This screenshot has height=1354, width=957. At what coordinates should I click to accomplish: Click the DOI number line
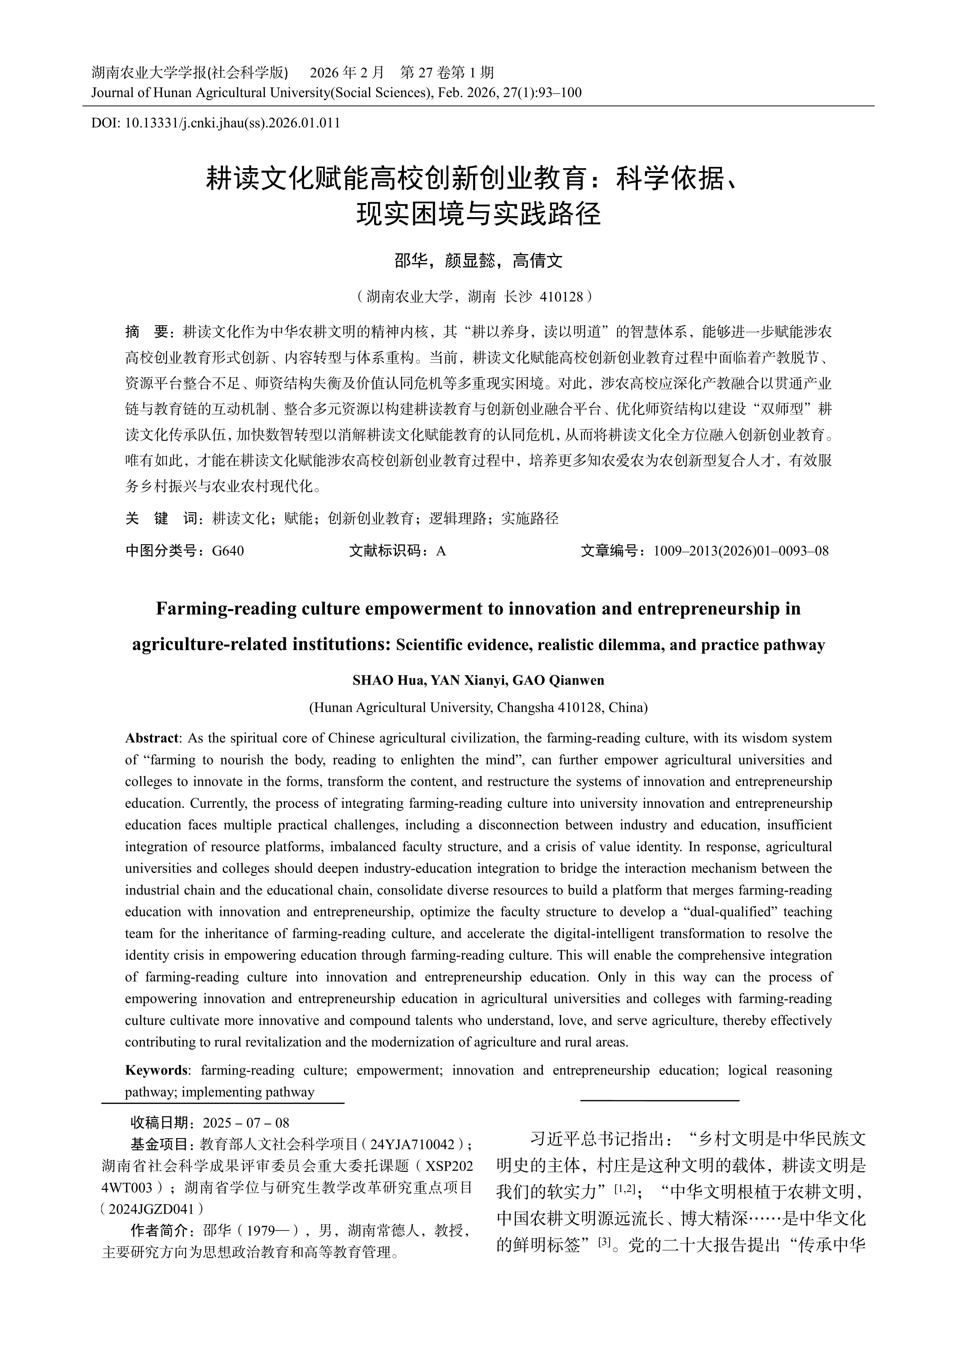[216, 123]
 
